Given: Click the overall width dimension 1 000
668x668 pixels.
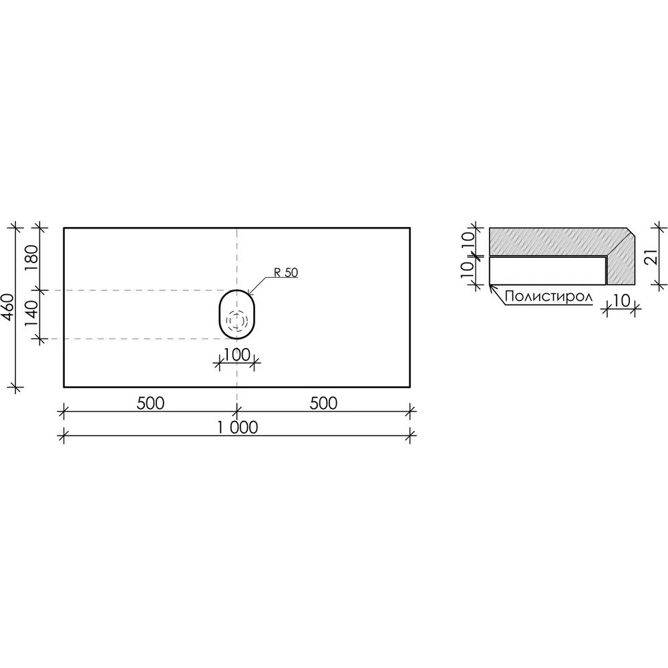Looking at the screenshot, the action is [x=238, y=428].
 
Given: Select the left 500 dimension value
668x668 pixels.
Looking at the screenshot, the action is [x=150, y=403].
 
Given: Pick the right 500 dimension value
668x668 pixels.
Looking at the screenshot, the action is [x=323, y=403].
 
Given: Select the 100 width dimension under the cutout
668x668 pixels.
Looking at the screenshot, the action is [x=237, y=355].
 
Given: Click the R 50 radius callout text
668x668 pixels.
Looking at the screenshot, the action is [x=285, y=273].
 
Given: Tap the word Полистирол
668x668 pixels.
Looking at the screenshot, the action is [x=548, y=297].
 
